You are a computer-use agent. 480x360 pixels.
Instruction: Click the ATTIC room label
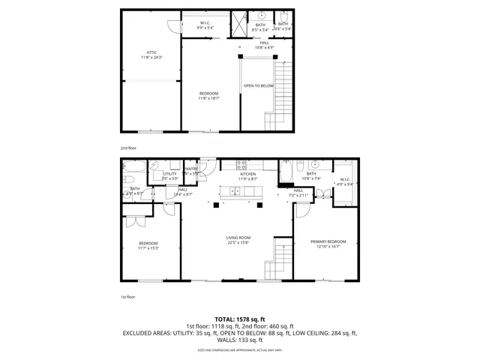pos(151,55)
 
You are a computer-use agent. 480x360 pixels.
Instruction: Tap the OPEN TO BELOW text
pos(258,85)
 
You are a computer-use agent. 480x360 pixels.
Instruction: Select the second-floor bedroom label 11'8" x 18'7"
pos(208,95)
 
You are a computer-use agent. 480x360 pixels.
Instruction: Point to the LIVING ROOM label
pos(238,241)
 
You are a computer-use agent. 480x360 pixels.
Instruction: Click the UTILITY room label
pos(169,175)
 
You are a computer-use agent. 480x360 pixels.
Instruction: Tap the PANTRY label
pos(190,171)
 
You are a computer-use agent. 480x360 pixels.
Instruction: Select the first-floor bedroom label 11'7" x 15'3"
pos(149,245)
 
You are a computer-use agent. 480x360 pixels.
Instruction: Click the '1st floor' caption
pos(128,297)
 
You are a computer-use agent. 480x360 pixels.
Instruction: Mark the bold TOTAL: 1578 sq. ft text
pos(240,319)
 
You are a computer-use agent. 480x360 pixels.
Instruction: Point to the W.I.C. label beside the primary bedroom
pos(344,181)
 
